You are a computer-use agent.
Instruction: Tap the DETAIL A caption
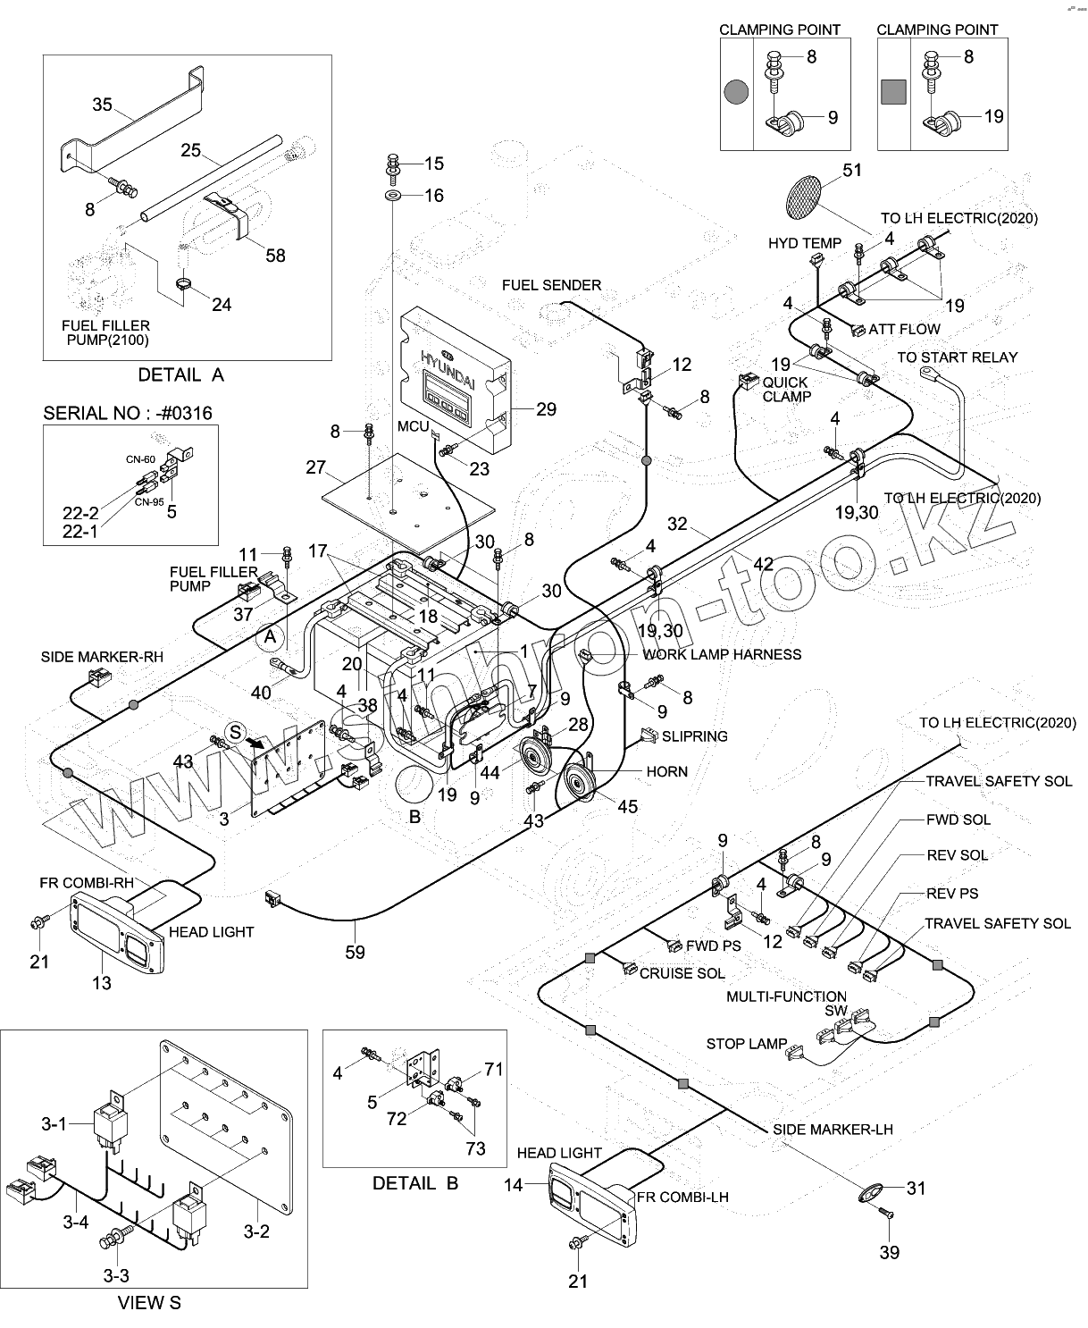pyautogui.click(x=180, y=375)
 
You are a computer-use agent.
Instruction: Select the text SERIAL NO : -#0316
pyautogui.click(x=128, y=413)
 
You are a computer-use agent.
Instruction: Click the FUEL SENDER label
pyautogui.click(x=551, y=285)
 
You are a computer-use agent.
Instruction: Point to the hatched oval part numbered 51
pyautogui.click(x=802, y=198)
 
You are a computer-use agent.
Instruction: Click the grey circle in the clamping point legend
pyautogui.click(x=736, y=92)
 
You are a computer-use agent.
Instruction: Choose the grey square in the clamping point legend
pyautogui.click(x=893, y=92)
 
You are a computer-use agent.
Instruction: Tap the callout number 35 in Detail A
pyautogui.click(x=102, y=105)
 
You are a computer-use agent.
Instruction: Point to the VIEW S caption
pyautogui.click(x=149, y=1302)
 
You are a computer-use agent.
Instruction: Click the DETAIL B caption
pyautogui.click(x=414, y=1183)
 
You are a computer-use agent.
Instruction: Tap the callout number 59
pyautogui.click(x=355, y=952)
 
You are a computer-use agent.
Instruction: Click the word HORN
pyautogui.click(x=666, y=770)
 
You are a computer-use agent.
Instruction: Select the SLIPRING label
pyautogui.click(x=694, y=736)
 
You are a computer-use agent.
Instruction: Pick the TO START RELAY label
pyautogui.click(x=957, y=357)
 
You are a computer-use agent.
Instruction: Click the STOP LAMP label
pyautogui.click(x=747, y=1044)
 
